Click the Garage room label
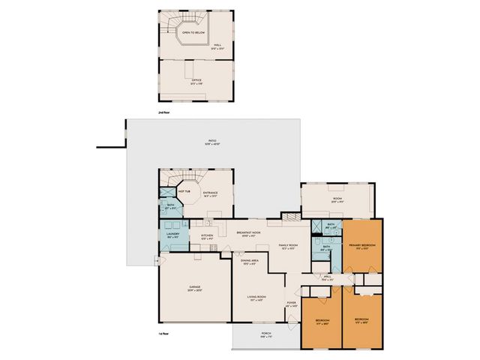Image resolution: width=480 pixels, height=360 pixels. point(194,287)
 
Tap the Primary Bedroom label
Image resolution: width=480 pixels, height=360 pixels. point(363,245)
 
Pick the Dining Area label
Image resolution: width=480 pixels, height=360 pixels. point(250,261)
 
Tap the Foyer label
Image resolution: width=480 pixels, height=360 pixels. point(292,303)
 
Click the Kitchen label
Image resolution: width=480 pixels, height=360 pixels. point(208,235)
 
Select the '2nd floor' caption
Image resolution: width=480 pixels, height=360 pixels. point(163,112)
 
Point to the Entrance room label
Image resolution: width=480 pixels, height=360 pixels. point(210,193)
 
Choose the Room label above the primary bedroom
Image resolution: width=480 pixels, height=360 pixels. point(336,199)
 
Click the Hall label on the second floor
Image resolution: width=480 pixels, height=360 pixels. point(217,45)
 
